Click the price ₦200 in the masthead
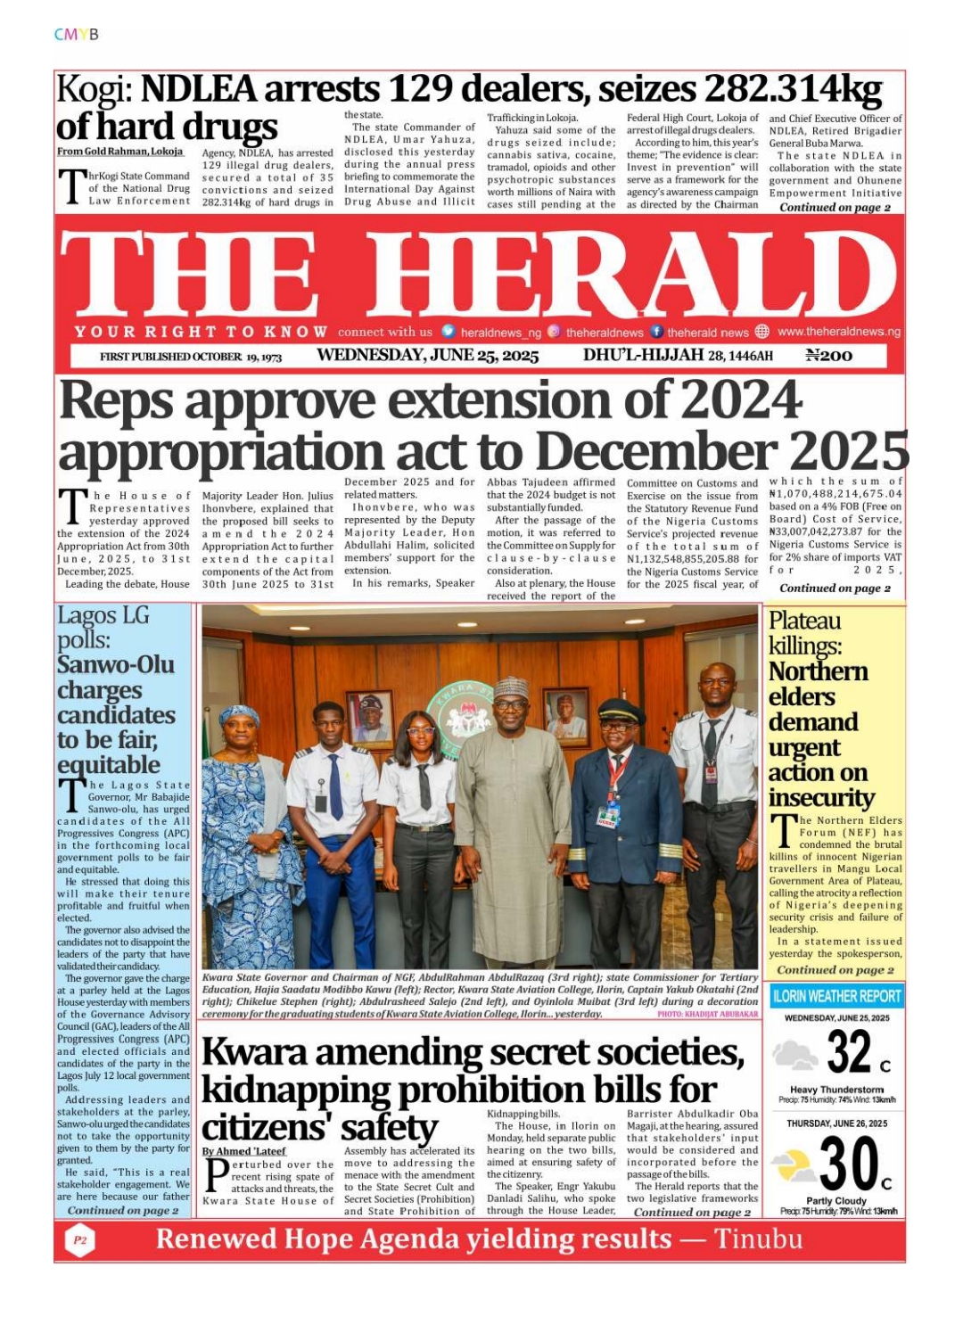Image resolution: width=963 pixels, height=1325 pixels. point(828,356)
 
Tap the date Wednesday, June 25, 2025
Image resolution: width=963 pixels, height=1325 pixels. point(427,356)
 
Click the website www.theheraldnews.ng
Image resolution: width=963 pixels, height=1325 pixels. point(838,332)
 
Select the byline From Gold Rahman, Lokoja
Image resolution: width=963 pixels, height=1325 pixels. point(119,152)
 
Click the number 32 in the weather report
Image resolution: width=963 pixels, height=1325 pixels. point(848,1052)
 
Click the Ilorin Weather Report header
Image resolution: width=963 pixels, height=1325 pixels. point(835,996)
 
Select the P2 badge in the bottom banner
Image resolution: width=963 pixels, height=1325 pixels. point(80,1240)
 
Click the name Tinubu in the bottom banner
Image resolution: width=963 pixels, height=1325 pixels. point(758,1239)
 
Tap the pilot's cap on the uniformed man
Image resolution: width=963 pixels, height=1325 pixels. point(621,711)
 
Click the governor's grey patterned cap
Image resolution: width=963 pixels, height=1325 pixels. point(511,687)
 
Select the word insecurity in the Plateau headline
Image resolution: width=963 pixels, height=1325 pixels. point(821,797)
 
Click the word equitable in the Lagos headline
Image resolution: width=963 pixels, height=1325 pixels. point(109,765)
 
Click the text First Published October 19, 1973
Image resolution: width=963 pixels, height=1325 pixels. point(191,357)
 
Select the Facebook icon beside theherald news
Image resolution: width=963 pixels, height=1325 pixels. point(657,332)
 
